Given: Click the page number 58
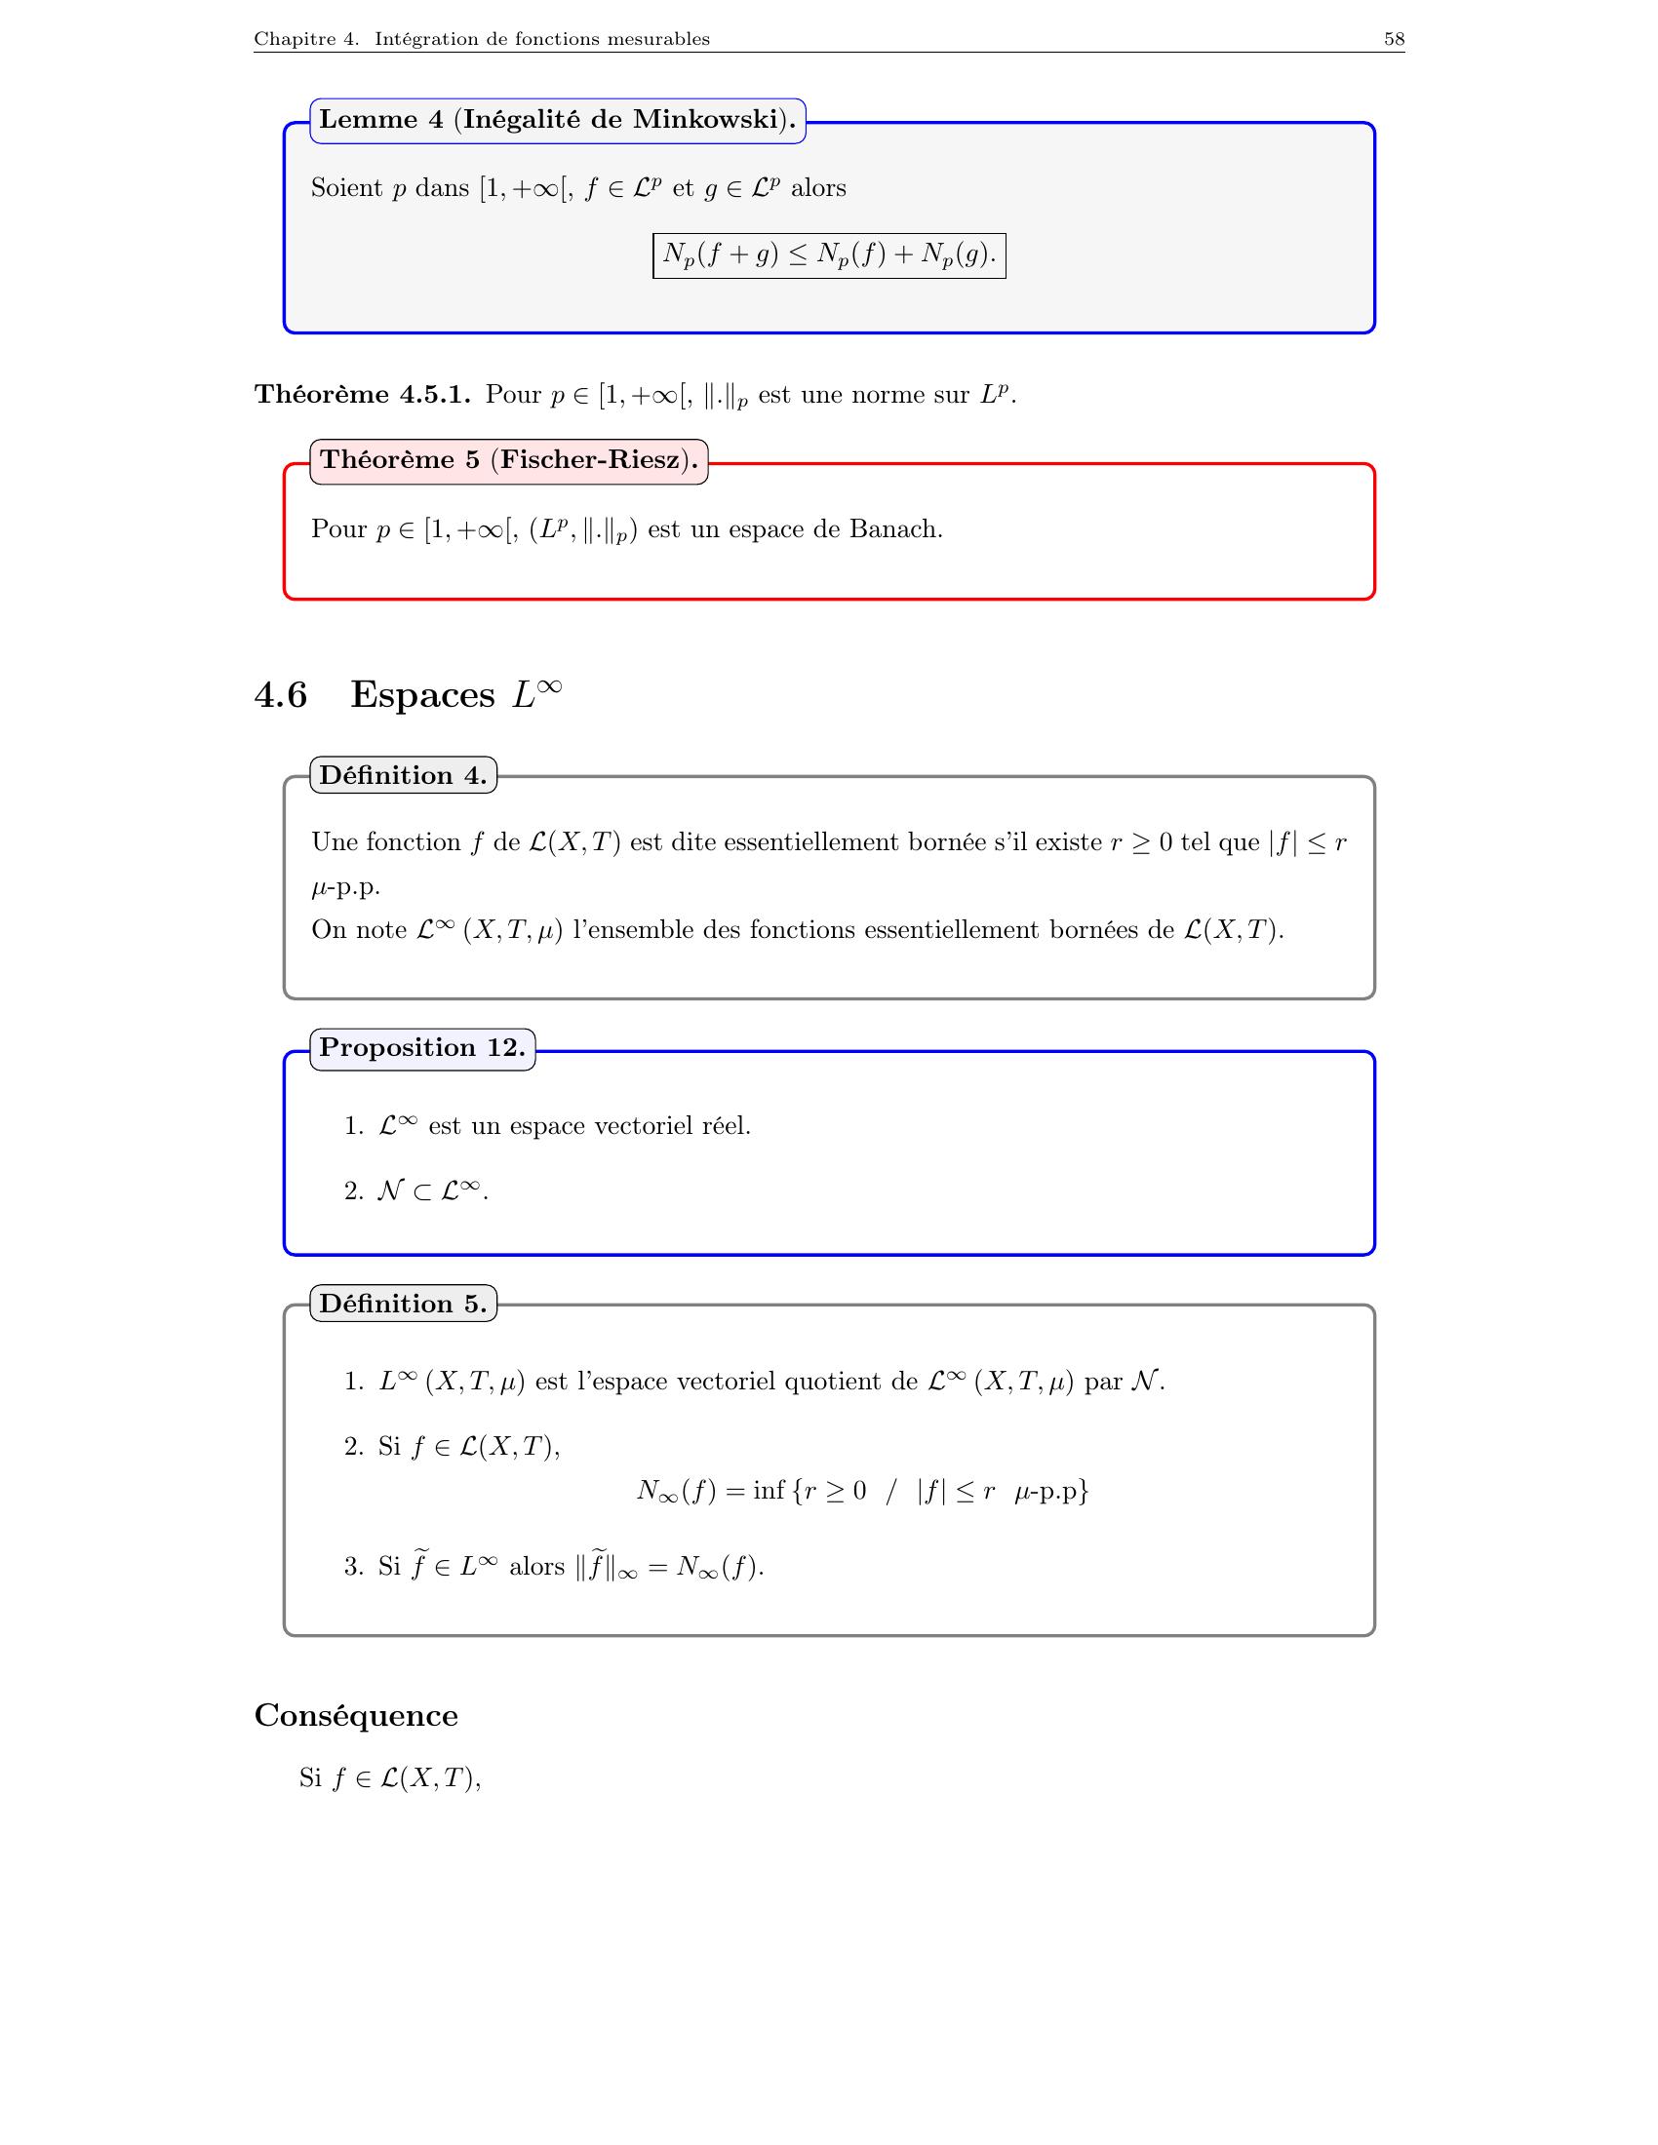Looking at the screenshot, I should pos(1394,39).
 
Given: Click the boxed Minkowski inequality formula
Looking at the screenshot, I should pos(829,255).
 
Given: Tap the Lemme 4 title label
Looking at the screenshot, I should pos(557,120).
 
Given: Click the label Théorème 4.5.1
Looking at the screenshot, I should pos(363,395).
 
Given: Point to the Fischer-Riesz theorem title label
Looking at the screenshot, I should pos(508,460).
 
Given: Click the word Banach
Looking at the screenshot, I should pos(893,529).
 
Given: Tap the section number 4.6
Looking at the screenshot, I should pos(281,694).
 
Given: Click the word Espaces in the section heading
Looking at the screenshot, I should pos(422,694).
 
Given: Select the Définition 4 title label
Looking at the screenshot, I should pos(403,775).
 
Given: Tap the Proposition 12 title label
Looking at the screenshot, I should pos(422,1047).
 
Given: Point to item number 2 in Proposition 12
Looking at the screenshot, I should pos(354,1191).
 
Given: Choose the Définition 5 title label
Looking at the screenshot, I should pos(403,1304).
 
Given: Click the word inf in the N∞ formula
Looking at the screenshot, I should pos(769,1491).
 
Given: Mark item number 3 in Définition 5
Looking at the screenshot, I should pos(354,1567).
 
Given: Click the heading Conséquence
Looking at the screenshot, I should pos(356,1716).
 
